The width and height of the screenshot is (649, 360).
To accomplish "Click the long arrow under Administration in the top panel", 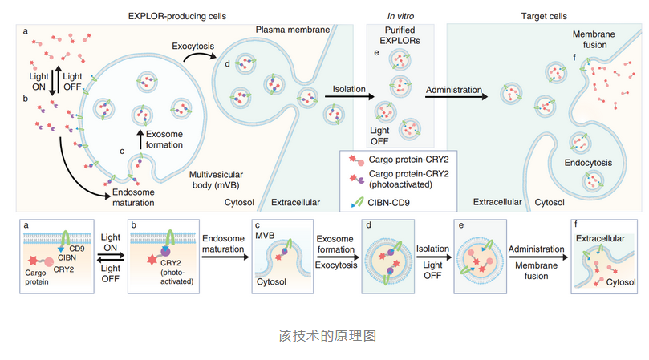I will (x=456, y=98).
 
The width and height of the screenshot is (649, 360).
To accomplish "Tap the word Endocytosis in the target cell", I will (x=589, y=163).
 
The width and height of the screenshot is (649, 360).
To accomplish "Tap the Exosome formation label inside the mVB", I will (x=165, y=139).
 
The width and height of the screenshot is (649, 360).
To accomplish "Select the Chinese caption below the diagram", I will (x=323, y=334).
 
